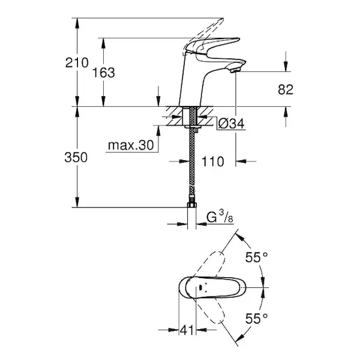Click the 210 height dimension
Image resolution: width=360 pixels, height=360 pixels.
77,62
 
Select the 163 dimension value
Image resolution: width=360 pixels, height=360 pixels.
103,73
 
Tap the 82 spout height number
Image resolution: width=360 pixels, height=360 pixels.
286,89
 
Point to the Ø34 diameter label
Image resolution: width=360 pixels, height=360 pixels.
231,124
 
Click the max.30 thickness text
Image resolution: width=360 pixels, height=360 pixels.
131,145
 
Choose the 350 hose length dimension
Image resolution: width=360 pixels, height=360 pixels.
76,157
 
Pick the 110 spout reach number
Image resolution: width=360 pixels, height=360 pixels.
212,161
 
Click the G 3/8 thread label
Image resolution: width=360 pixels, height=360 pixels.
220,217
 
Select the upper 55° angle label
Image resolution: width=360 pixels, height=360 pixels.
256,257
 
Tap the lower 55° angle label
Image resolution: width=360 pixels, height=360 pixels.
256,319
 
